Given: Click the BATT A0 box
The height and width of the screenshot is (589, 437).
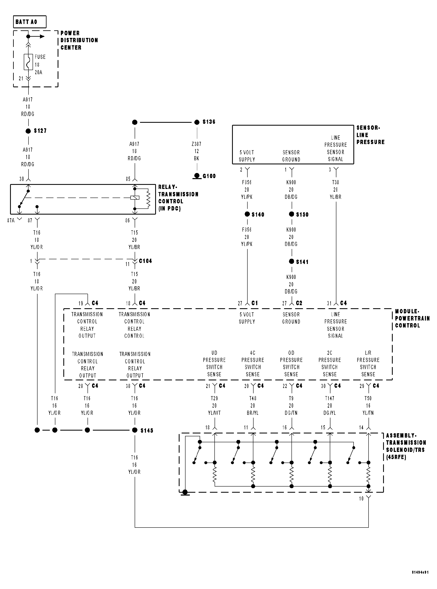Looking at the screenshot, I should pyautogui.click(x=30, y=22).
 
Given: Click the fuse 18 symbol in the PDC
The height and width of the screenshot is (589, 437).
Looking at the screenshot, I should pyautogui.click(x=28, y=62).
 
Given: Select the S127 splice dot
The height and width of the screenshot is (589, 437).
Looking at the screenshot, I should pyautogui.click(x=28, y=131).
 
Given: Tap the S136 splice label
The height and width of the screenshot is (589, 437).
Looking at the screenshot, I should pyautogui.click(x=209, y=122).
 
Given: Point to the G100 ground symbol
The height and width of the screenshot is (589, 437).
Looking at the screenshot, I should pyautogui.click(x=197, y=176).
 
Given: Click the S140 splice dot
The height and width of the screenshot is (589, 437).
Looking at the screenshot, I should pyautogui.click(x=247, y=214).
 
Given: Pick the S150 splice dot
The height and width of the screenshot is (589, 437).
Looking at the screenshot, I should pyautogui.click(x=291, y=214).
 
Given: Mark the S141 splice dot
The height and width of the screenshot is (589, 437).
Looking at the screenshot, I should pyautogui.click(x=291, y=262).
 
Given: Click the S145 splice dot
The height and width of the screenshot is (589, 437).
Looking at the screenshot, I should pyautogui.click(x=135, y=430).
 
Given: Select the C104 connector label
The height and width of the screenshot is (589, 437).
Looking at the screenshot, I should pyautogui.click(x=146, y=261).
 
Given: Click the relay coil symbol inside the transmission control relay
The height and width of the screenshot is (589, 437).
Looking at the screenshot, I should pyautogui.click(x=135, y=198).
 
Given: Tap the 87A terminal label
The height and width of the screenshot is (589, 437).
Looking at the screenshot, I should pyautogui.click(x=11, y=221).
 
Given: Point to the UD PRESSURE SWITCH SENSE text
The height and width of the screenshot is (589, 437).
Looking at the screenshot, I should pyautogui.click(x=214, y=364).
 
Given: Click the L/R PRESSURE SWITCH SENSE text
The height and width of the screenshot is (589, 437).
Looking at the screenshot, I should pyautogui.click(x=368, y=364).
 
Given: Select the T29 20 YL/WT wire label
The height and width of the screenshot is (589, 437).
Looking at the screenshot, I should pyautogui.click(x=214, y=405).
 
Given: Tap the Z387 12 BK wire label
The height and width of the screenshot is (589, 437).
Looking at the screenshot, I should pyautogui.click(x=197, y=151).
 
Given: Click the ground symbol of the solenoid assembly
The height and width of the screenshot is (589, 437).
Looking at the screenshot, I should pyautogui.click(x=185, y=493).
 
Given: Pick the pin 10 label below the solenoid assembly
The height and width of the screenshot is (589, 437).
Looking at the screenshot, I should pyautogui.click(x=361, y=499).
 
